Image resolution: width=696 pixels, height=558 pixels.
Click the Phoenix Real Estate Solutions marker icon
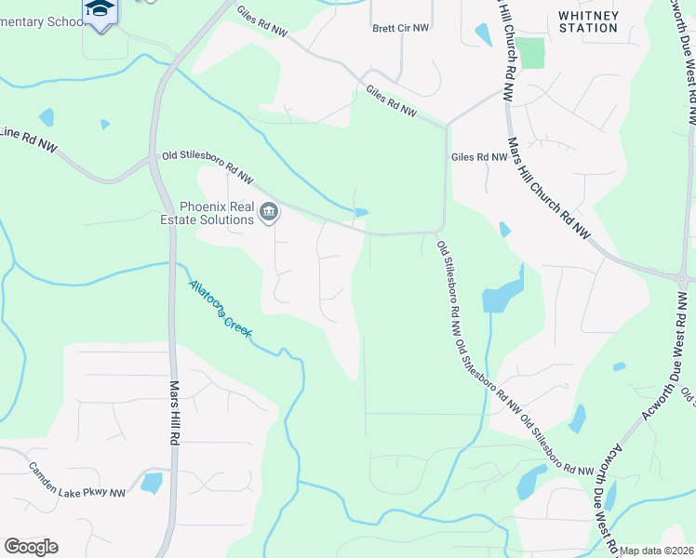pyautogui.click(x=269, y=213)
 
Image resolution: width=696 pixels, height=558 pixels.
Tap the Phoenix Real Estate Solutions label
pyautogui.click(x=217, y=213)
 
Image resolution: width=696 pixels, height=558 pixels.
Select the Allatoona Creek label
pyautogui.click(x=220, y=308)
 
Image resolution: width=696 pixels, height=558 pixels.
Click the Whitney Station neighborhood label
pyautogui.click(x=588, y=21)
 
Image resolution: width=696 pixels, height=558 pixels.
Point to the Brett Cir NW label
pyautogui.click(x=401, y=28)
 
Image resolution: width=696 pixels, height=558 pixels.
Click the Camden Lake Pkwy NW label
pyautogui.click(x=76, y=480)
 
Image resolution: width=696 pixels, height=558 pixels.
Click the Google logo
pyautogui.click(x=31, y=546)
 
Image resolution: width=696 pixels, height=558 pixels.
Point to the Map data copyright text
pyautogui.click(x=657, y=551)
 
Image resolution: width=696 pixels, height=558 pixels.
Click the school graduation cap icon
pyautogui.click(x=99, y=9)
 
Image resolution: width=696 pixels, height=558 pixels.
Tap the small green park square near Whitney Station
pyautogui.click(x=530, y=53)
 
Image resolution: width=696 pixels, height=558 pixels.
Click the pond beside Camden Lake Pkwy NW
pyautogui.click(x=151, y=483)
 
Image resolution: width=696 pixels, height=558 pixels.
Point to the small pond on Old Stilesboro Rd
pyautogui.click(x=361, y=213)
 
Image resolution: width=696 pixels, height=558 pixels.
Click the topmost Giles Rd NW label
pyautogui.click(x=262, y=25)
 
